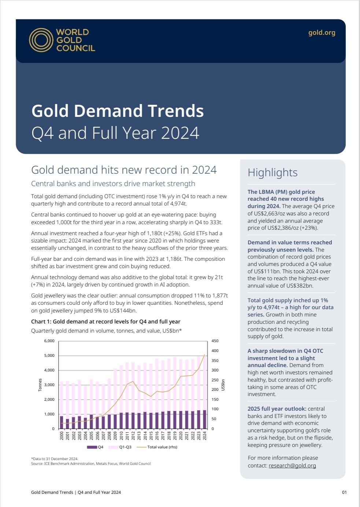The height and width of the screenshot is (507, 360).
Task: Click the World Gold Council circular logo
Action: coord(41,40)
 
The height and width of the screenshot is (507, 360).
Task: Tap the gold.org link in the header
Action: coord(322,33)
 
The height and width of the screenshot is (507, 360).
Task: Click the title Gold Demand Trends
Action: coord(117,111)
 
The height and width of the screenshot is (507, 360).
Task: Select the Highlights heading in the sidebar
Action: coord(272,173)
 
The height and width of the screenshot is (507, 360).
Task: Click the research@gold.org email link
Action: coord(292,466)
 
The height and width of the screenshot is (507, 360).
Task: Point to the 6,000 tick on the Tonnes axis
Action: coord(49,341)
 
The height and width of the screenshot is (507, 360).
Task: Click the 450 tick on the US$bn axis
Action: coord(215,341)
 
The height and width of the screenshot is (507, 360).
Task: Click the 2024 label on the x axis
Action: coord(205,436)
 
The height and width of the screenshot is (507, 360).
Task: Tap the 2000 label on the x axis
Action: coord(62,436)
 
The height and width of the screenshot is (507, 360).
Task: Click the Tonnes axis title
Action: coord(40,385)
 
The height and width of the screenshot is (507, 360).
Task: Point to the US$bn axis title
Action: coord(223,385)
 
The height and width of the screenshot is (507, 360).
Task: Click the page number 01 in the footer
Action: coord(344,492)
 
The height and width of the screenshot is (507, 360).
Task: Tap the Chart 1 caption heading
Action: coord(105,322)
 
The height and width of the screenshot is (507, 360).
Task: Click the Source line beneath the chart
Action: coord(91,464)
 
